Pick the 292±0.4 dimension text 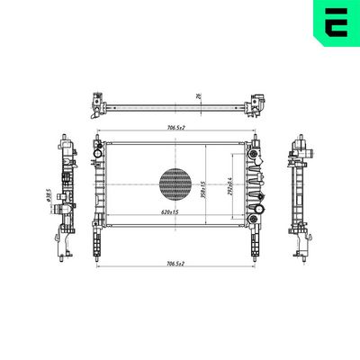(x=230, y=188)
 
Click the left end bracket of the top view (x=95, y=105)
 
